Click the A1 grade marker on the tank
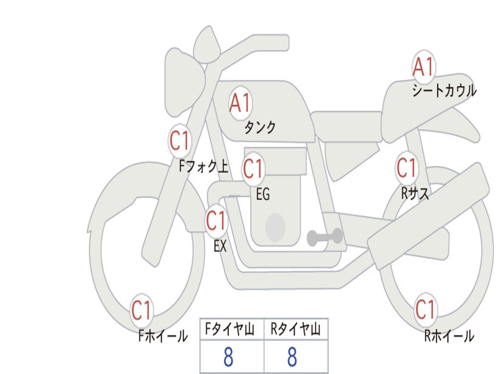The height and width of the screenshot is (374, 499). (x=241, y=103)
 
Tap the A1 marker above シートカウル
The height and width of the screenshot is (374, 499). (x=423, y=67)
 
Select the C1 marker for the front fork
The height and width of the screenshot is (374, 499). (x=180, y=141)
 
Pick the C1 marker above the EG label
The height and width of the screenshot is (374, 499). (x=253, y=168)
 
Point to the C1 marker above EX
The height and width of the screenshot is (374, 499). (x=216, y=221)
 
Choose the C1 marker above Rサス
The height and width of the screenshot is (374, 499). (x=407, y=168)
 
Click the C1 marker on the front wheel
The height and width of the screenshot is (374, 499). (x=142, y=310)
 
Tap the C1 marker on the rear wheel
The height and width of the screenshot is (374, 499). (x=425, y=309)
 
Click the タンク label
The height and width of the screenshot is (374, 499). (x=260, y=128)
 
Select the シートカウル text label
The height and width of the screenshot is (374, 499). (x=444, y=90)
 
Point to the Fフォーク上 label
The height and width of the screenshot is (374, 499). (x=204, y=166)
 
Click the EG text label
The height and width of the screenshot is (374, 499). (x=263, y=194)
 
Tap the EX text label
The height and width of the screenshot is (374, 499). (x=220, y=246)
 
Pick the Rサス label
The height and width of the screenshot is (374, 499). (x=415, y=193)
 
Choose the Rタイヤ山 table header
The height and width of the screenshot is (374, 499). (x=296, y=329)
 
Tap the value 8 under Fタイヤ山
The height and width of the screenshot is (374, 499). (x=229, y=357)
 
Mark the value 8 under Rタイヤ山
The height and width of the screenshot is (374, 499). (x=292, y=357)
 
